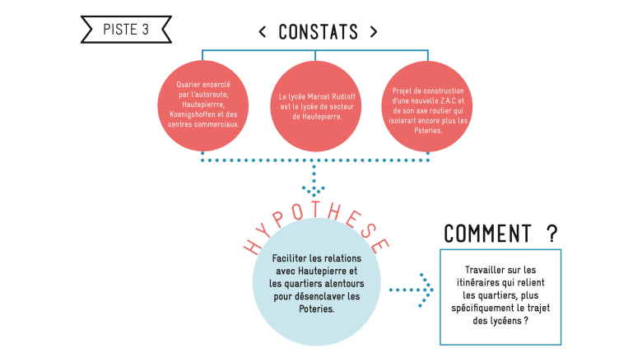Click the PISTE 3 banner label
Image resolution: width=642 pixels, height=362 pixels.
coord(126,30)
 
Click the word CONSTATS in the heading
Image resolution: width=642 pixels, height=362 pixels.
coord(319,32)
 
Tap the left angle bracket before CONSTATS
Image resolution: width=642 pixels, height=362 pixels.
coord(263,32)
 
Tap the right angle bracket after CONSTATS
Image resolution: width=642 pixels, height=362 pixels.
coord(374,32)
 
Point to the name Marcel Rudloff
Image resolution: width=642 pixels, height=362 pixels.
coord(331,97)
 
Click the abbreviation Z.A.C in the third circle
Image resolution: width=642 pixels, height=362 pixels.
coord(448,100)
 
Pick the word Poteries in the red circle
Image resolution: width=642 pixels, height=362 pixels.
coord(428,131)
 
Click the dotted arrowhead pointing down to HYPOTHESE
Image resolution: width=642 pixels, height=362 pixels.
coord(314,190)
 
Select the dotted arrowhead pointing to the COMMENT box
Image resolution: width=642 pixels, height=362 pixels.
coord(426,290)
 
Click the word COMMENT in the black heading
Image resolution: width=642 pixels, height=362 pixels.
coord(487,234)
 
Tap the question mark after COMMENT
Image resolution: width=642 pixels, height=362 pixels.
coord(552,234)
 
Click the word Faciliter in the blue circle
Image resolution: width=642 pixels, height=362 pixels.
coord(290,258)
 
